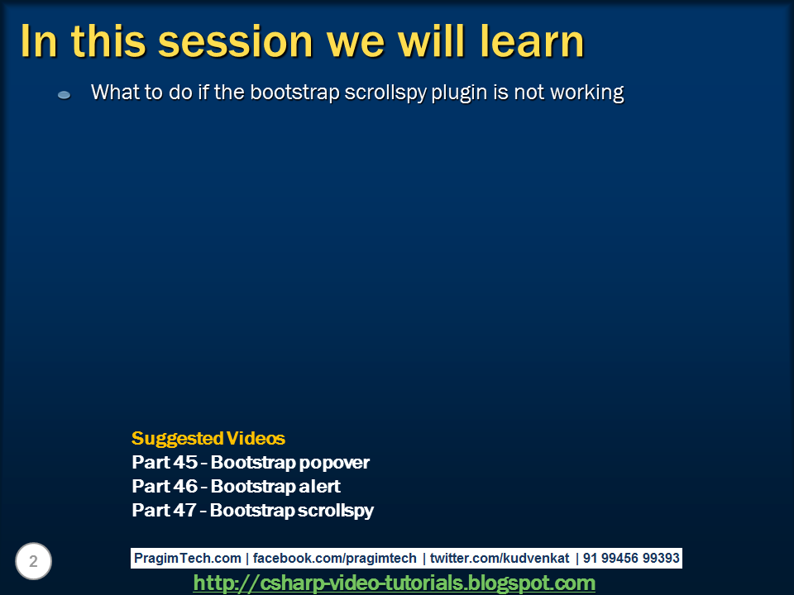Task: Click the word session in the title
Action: [x=236, y=41]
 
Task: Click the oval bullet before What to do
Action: [x=65, y=94]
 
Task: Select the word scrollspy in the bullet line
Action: [x=385, y=93]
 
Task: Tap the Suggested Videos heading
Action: [x=208, y=438]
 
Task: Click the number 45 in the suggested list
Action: [x=184, y=462]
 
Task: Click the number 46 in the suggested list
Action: [x=184, y=486]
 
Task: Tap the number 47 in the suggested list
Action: [x=184, y=510]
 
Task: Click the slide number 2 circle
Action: [x=33, y=561]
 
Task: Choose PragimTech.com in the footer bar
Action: [x=188, y=558]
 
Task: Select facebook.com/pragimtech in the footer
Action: [x=335, y=558]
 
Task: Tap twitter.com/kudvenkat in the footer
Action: [x=500, y=558]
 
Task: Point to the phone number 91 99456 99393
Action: [x=631, y=558]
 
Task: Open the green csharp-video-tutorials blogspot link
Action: [x=394, y=583]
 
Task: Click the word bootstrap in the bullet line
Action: [x=294, y=93]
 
